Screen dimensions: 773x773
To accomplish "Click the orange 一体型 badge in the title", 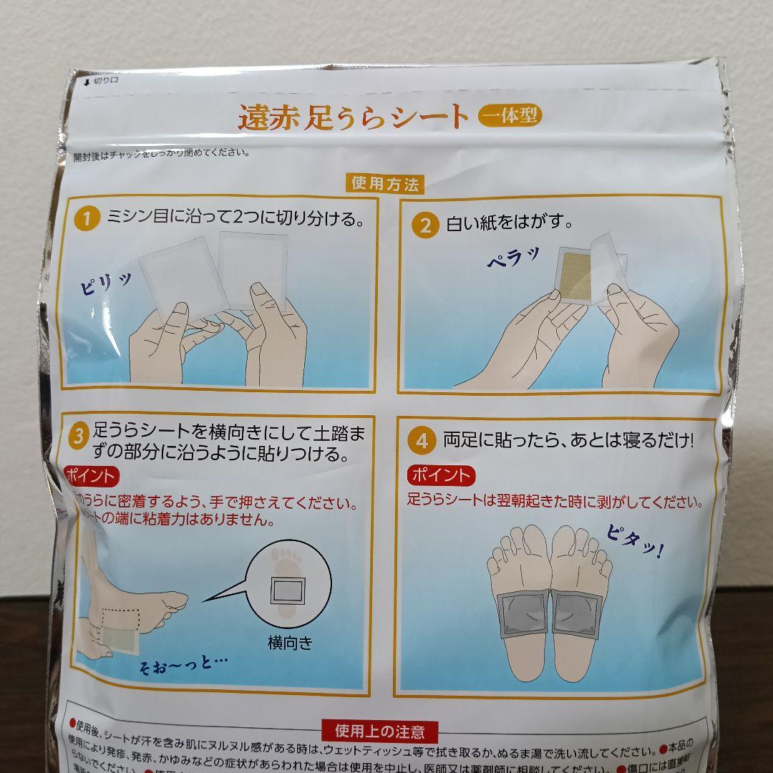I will point(509,116).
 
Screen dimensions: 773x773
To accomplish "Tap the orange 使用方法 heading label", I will point(384,183).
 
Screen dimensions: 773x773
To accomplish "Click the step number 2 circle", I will point(425,225).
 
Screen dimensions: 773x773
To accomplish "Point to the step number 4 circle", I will point(422,441).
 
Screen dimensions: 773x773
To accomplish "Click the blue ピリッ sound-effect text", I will point(106,283).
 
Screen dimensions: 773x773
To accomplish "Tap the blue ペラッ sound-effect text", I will point(514,261).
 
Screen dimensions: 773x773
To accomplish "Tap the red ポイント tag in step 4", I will point(442,475).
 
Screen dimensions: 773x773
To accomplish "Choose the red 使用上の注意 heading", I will point(379,731).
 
